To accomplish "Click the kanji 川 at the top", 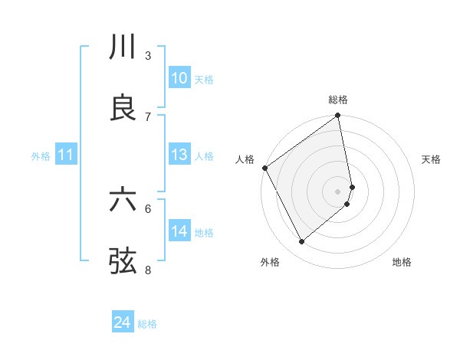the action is click(123, 47).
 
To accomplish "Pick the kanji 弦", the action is click(123, 260).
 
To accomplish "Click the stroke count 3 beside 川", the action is click(148, 56).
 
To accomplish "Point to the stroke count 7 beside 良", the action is click(148, 116).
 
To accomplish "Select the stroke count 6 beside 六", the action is click(148, 208).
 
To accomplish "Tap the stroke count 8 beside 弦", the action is click(148, 269).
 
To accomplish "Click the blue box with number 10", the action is click(179, 78).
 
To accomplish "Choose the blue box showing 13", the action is click(179, 155).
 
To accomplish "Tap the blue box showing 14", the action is click(179, 231).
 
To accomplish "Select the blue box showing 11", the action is click(66, 155).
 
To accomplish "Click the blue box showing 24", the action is click(123, 323).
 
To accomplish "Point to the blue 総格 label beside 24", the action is click(147, 324).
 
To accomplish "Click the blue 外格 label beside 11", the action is click(41, 155).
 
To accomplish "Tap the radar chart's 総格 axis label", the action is click(338, 100).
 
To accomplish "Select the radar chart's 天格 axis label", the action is click(431, 159).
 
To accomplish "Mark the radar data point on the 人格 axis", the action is click(264, 168).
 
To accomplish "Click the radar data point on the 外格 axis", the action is click(301, 242).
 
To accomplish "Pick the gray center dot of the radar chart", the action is click(338, 191).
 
